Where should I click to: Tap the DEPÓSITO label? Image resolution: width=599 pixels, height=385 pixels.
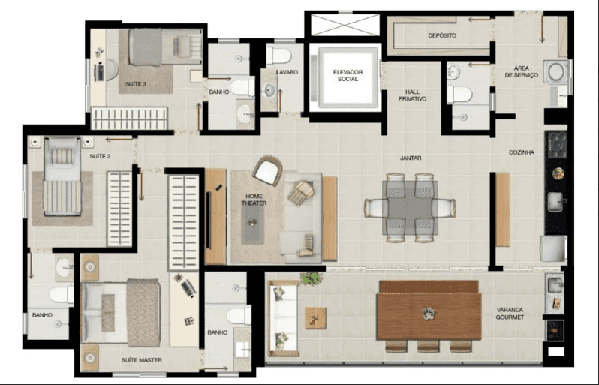[x=443, y=35]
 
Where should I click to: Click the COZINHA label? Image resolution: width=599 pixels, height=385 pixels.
[x=521, y=152]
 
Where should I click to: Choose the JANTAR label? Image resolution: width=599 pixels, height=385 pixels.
[x=410, y=158]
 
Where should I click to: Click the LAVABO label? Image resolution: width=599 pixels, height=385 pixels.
[x=287, y=72]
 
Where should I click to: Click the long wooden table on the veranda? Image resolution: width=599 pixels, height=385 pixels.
[x=429, y=311]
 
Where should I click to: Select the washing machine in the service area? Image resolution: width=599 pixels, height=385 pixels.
[x=557, y=72]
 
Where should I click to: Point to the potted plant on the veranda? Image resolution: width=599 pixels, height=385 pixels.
[x=310, y=279]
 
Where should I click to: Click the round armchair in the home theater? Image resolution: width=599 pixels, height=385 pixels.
[x=268, y=170]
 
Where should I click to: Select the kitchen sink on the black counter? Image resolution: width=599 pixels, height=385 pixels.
[x=556, y=202]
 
